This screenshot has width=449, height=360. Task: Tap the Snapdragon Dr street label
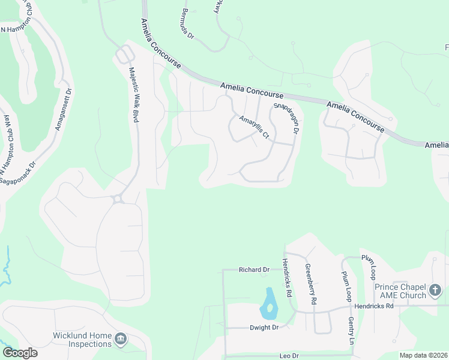(286, 118)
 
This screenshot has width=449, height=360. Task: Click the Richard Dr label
(254, 270)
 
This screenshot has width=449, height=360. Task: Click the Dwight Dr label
(265, 328)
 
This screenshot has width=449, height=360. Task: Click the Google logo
(20, 353)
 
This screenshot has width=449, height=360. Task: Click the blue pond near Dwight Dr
(268, 304)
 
